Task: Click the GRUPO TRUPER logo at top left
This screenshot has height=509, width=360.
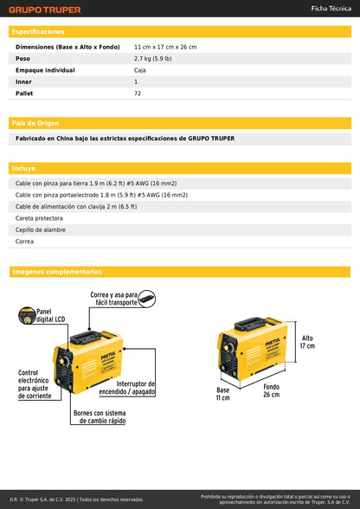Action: coord(44,10)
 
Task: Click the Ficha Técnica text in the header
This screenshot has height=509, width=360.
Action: coord(330,8)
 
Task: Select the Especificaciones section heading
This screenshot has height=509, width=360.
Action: coord(38,31)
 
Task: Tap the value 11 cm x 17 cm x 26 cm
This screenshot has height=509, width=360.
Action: coord(165,46)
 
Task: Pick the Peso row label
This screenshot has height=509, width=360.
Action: coord(23,58)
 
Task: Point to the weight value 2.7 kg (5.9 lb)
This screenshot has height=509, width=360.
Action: coord(157,58)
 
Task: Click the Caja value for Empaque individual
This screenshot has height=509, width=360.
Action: coord(139,70)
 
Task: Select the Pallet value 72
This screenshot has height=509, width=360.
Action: coord(138,93)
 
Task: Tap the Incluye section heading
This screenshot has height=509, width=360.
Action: coord(23,168)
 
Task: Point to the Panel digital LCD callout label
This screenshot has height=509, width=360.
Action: coord(49,316)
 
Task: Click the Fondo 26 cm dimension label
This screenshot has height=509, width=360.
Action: coord(271,390)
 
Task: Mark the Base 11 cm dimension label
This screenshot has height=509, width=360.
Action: coord(222,394)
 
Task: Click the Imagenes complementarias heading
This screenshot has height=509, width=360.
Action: coord(57,272)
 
